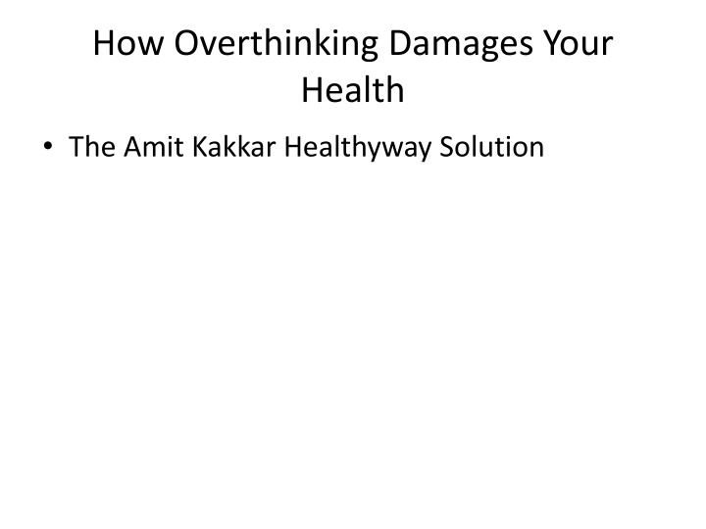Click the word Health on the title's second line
click(x=353, y=90)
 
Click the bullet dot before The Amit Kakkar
click(x=47, y=149)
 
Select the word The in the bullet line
click(x=91, y=148)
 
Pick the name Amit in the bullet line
click(x=149, y=148)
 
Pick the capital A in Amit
click(x=131, y=148)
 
